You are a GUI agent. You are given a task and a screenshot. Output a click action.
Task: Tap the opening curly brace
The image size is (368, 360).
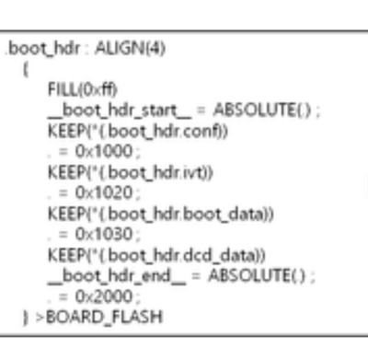tap(30, 67)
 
